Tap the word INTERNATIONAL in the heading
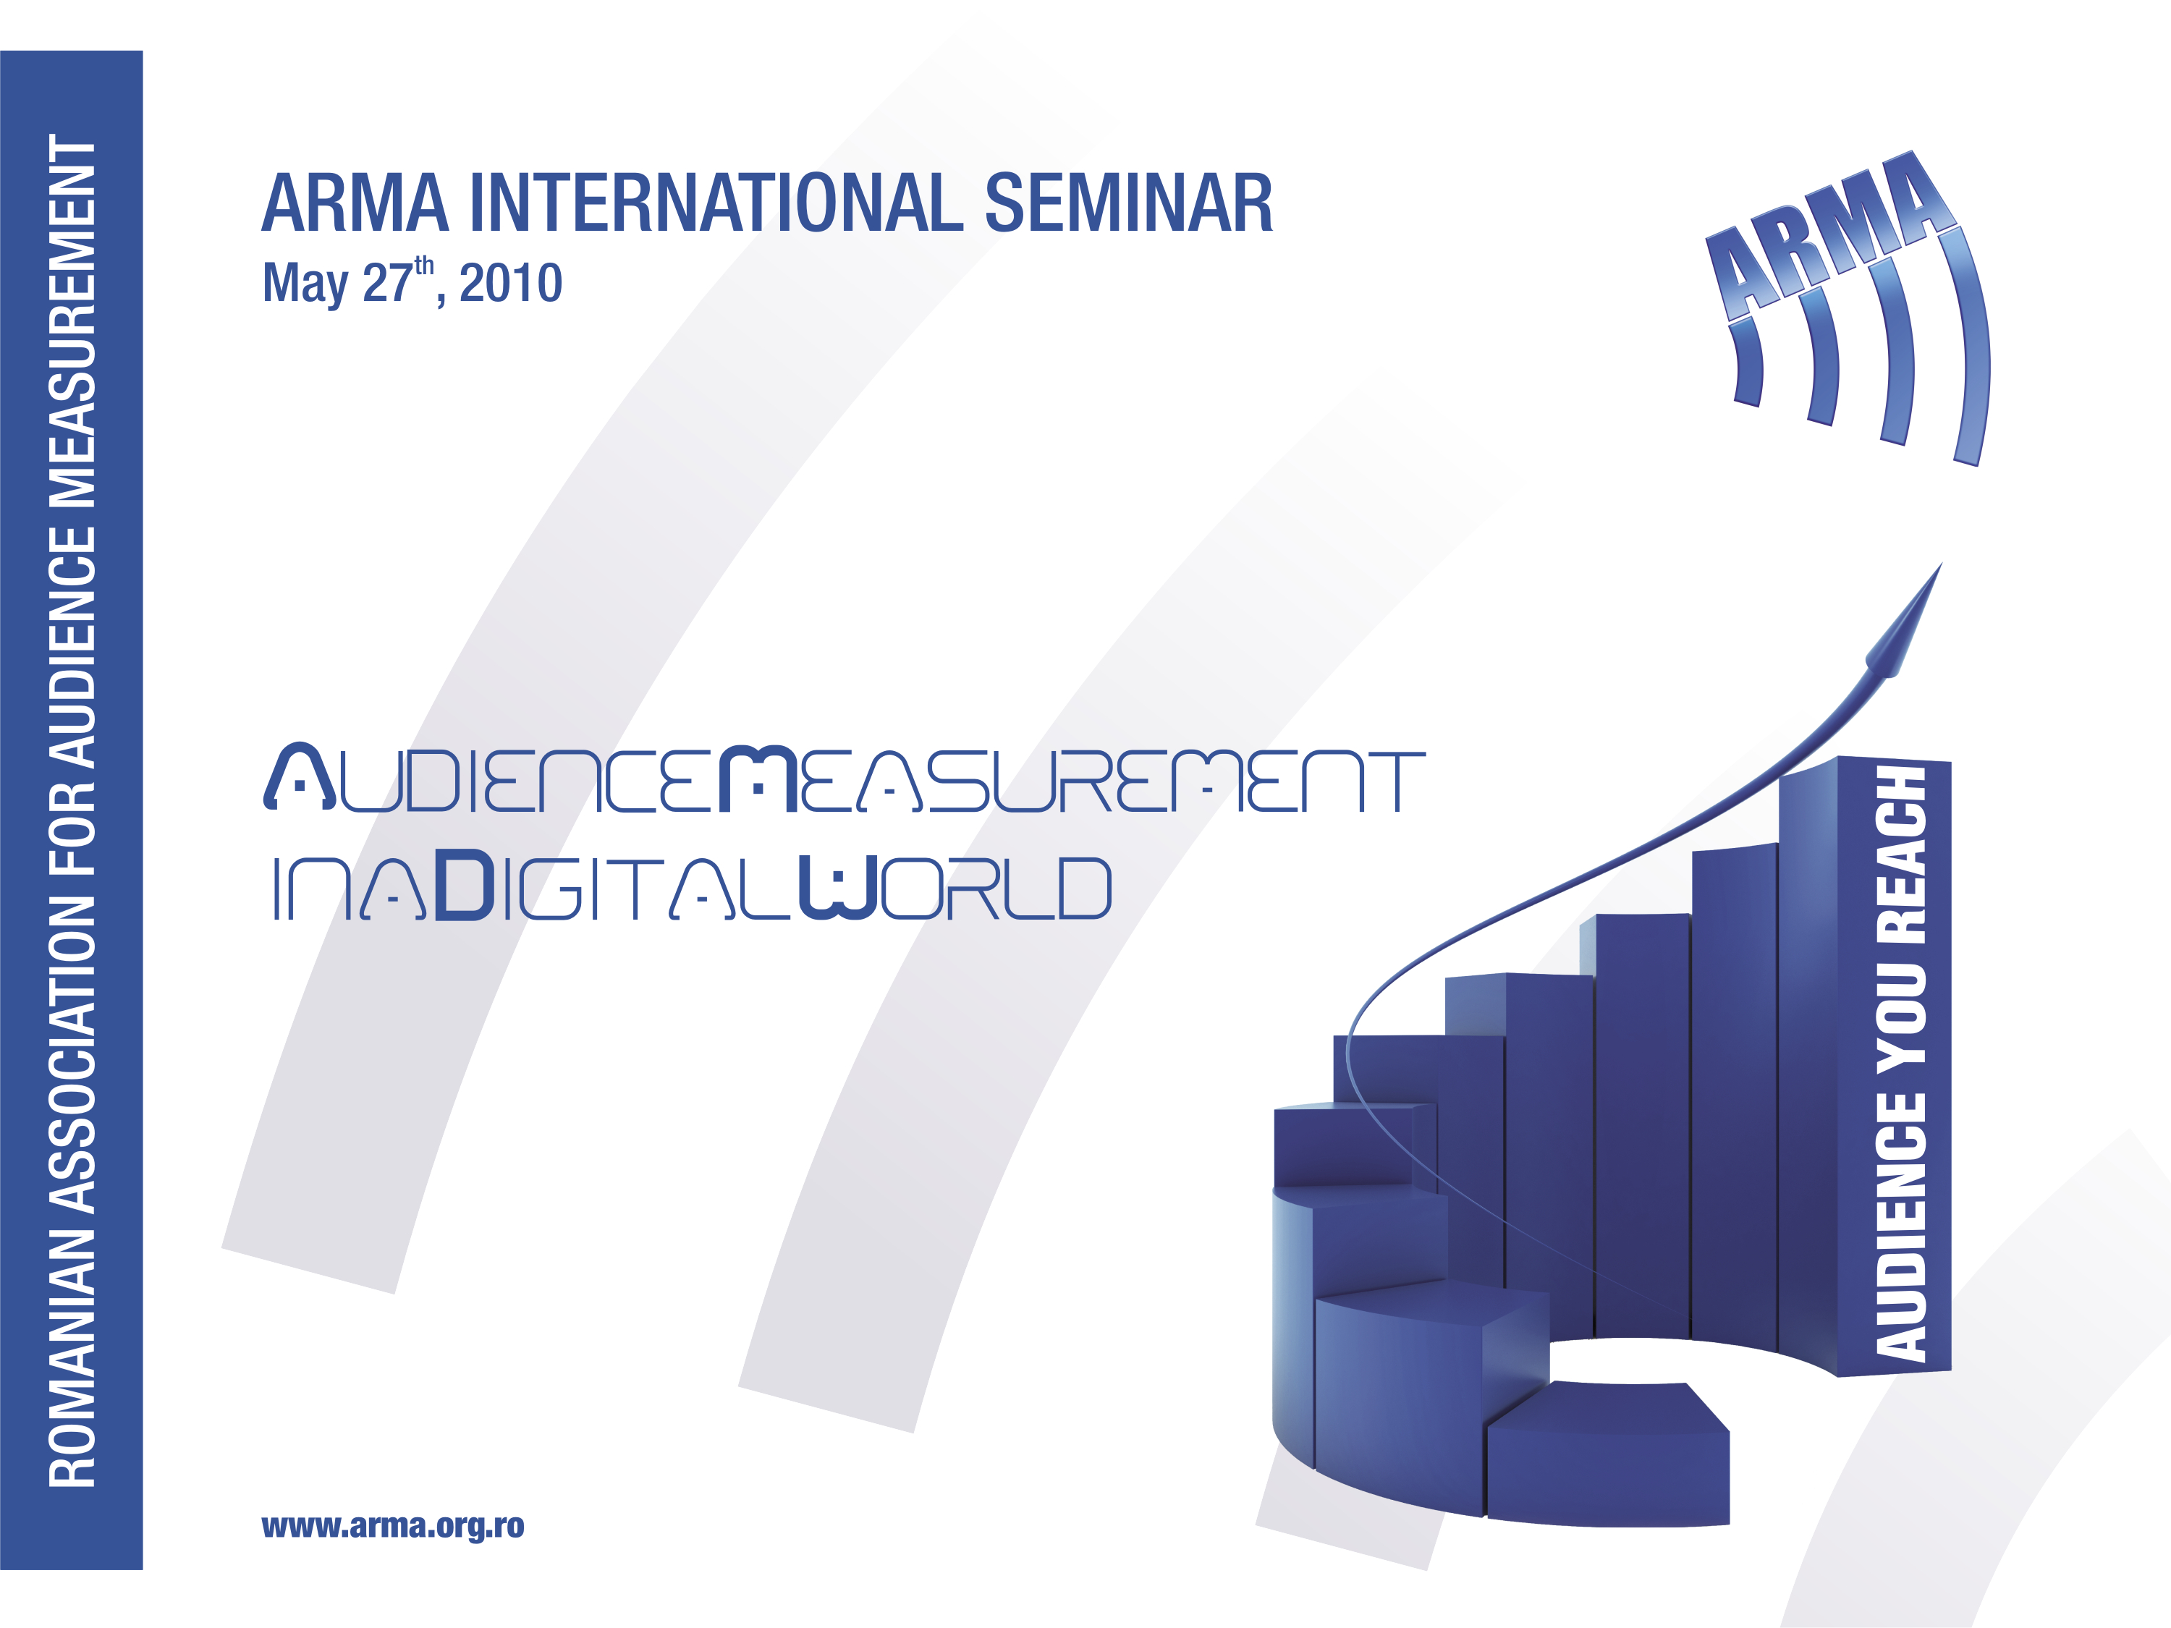click(x=716, y=203)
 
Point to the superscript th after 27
click(x=424, y=267)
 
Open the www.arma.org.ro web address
click(x=392, y=1526)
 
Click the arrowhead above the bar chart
click(x=1905, y=622)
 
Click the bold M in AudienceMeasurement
click(x=758, y=780)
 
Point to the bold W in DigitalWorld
click(x=837, y=888)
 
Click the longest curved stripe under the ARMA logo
click(x=1971, y=344)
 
